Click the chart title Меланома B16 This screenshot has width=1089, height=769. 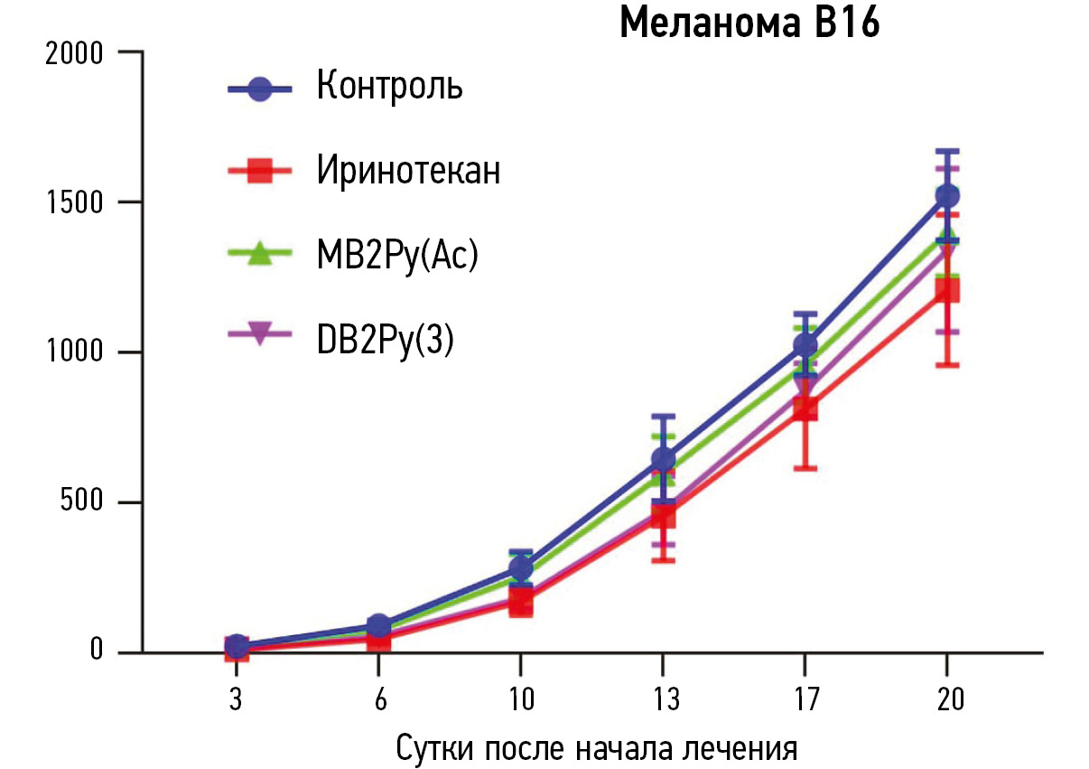749,24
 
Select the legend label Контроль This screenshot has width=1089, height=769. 390,87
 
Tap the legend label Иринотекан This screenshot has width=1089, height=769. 408,170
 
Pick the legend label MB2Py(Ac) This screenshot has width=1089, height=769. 396,255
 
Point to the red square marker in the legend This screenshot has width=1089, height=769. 260,171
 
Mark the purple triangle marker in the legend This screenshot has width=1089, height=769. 260,334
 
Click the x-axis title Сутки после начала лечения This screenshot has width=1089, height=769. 597,749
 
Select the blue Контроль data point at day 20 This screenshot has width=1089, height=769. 947,195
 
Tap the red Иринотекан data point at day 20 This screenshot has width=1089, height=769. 947,290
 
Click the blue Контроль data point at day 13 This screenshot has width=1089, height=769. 663,460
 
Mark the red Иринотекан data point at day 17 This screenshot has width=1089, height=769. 805,409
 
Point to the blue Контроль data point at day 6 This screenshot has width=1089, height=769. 378,625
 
